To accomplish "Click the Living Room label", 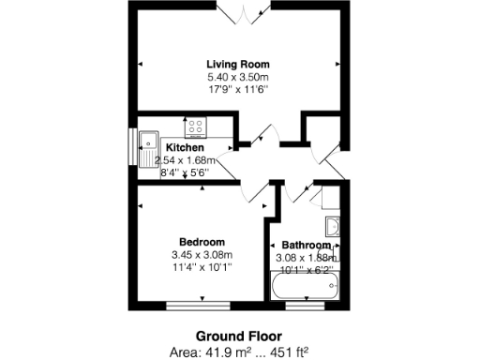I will [237, 64].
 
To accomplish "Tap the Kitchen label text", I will [186, 148].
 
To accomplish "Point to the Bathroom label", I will [306, 246].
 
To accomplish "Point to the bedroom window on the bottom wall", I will [202, 305].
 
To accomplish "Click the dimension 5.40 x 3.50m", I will [237, 77].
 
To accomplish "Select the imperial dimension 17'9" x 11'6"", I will [237, 89].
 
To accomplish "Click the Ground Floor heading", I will [237, 336].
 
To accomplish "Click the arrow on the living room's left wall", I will [141, 64].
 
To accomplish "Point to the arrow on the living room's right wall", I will [337, 64].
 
